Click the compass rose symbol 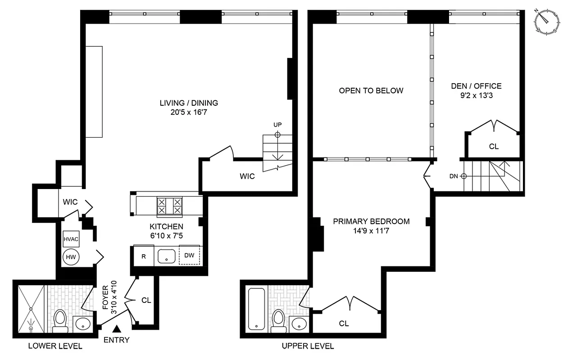pyautogui.click(x=548, y=21)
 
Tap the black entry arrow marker pyautogui.click(x=117, y=330)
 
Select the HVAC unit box pyautogui.click(x=71, y=239)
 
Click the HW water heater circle pyautogui.click(x=71, y=256)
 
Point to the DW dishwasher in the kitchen pyautogui.click(x=190, y=256)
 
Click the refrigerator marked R pyautogui.click(x=144, y=256)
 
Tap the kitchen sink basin pyautogui.click(x=166, y=256)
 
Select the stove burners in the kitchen pyautogui.click(x=169, y=206)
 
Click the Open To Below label pyautogui.click(x=371, y=90)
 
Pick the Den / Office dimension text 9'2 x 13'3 pyautogui.click(x=476, y=95)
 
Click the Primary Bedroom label pyautogui.click(x=371, y=221)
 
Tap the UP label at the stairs pyautogui.click(x=277, y=124)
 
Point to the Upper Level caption pyautogui.click(x=308, y=346)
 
